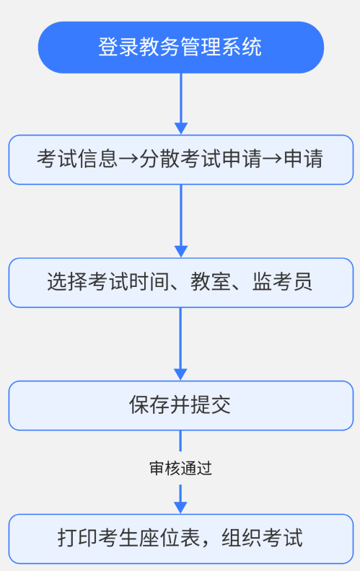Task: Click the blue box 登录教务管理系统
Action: (x=181, y=48)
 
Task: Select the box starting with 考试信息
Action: (x=181, y=159)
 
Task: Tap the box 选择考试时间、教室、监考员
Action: (x=181, y=283)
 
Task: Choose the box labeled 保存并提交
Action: (x=181, y=405)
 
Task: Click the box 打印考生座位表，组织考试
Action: (x=181, y=539)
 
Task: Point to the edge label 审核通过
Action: (x=181, y=469)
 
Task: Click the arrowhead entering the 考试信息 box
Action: (x=181, y=128)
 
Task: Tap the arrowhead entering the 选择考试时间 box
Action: (x=181, y=252)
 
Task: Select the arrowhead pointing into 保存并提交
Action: (x=181, y=375)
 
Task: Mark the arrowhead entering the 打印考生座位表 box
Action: (x=181, y=508)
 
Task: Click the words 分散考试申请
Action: (x=201, y=159)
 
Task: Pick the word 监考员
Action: (x=282, y=282)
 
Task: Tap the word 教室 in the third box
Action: (x=211, y=282)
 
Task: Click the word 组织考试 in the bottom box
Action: (x=262, y=539)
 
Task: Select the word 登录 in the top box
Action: (x=118, y=47)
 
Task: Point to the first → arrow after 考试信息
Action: (x=128, y=159)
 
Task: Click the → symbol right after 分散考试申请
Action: (x=272, y=159)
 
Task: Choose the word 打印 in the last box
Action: (x=78, y=539)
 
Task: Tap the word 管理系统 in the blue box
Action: (x=221, y=47)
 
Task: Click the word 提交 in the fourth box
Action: (x=211, y=405)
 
